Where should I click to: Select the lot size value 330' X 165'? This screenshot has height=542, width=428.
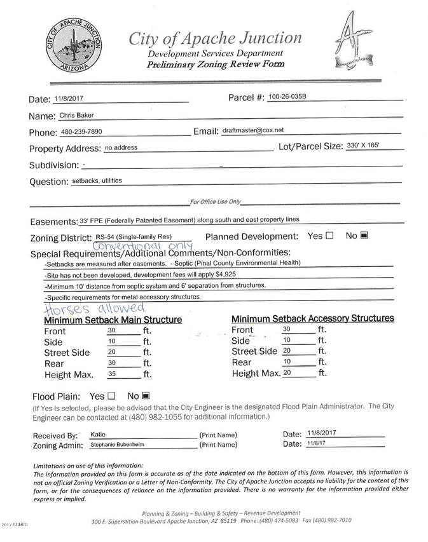pyautogui.click(x=363, y=146)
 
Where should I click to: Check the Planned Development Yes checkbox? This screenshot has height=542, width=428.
pyautogui.click(x=329, y=236)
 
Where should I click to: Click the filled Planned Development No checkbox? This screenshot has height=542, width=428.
pyautogui.click(x=364, y=236)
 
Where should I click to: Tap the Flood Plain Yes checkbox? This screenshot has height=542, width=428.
pyautogui.click(x=112, y=396)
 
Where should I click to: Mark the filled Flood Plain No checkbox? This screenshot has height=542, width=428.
pyautogui.click(x=146, y=396)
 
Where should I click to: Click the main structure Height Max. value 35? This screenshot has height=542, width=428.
pyautogui.click(x=112, y=374)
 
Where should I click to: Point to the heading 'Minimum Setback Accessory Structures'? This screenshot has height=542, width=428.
pyautogui.click(x=312, y=318)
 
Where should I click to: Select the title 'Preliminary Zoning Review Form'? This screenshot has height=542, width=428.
pyautogui.click(x=216, y=65)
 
